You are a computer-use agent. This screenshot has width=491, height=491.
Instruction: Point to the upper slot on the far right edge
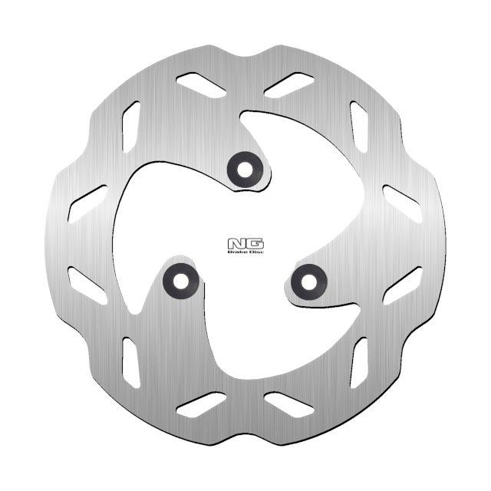click(x=403, y=203)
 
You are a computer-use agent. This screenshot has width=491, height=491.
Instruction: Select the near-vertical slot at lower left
click(x=130, y=364)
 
